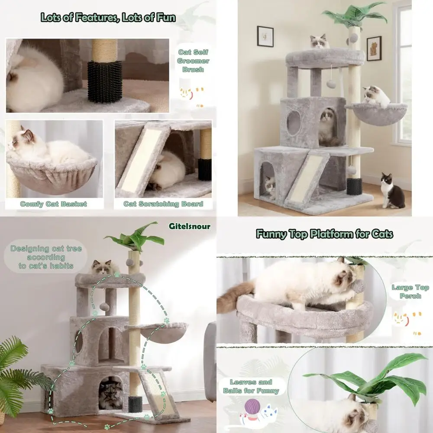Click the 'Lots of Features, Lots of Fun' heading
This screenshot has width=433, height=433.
tap(108, 18)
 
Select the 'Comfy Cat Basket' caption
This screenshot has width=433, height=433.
tap(53, 204)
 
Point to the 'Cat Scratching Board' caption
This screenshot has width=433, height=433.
tap(163, 204)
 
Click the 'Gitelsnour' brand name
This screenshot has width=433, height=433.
tap(189, 226)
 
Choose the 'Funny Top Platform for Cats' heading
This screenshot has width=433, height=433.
tap(324, 234)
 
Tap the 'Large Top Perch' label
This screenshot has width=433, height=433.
tap(410, 291)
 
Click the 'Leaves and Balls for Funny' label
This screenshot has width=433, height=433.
tap(251, 386)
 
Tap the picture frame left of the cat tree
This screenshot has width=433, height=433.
tap(265, 36)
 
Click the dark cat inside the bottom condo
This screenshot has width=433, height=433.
tap(111, 394)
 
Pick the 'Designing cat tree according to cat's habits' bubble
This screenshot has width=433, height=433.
tap(46, 257)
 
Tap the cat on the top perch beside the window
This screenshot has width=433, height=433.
tap(320, 42)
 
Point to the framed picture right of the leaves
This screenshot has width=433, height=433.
tap(374, 48)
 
